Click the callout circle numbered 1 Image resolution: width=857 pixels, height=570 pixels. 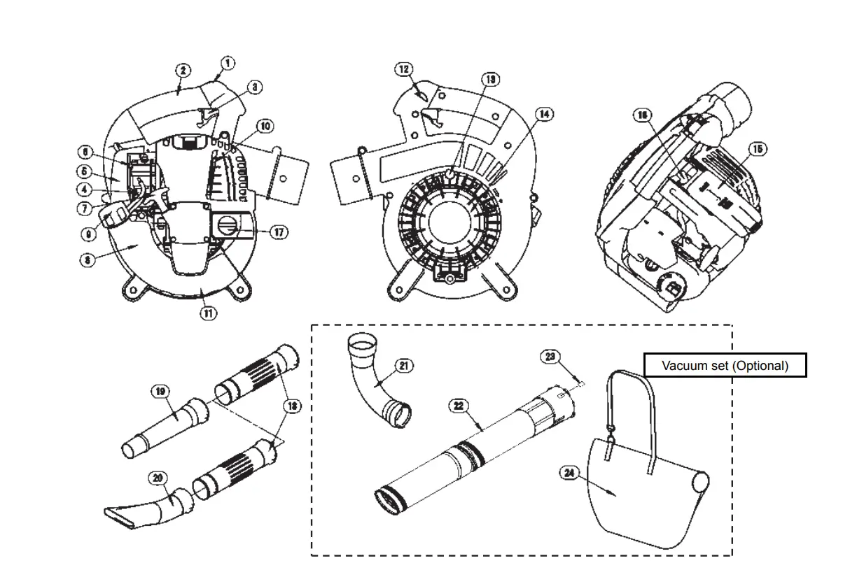[228, 64]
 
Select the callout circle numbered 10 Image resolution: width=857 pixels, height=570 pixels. [265, 127]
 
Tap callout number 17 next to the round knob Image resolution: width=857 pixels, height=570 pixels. [279, 231]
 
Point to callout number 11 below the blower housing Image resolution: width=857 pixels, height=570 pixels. [208, 313]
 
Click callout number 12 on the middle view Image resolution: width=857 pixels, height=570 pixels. [404, 69]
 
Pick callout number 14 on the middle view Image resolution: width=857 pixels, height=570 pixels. [544, 113]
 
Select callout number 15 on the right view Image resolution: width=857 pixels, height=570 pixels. [757, 149]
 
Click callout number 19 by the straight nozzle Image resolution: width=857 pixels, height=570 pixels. [161, 392]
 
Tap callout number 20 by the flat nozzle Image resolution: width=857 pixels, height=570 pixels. [159, 478]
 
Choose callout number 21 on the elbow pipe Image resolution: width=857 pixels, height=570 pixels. [404, 365]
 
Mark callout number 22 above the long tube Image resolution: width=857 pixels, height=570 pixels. [459, 406]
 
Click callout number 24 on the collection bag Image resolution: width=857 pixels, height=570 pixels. [569, 473]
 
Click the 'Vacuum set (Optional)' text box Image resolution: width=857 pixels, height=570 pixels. [725, 365]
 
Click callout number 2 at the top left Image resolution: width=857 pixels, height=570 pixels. [183, 70]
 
